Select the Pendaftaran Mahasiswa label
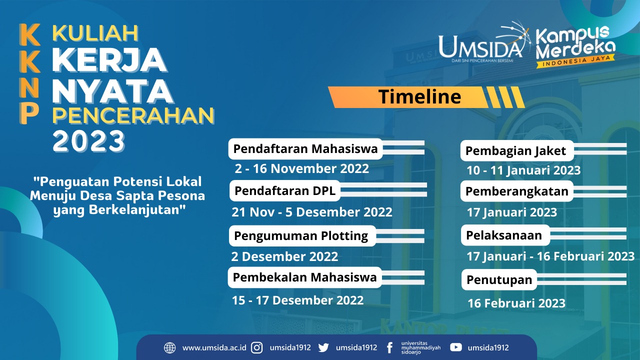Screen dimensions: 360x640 (x=305, y=149)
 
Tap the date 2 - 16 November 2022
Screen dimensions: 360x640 (x=302, y=168)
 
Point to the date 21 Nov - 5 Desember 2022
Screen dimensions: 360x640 (x=312, y=212)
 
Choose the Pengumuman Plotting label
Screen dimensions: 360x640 (x=301, y=235)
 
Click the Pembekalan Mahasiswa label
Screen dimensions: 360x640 (x=305, y=277)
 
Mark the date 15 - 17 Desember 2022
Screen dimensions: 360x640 (x=297, y=300)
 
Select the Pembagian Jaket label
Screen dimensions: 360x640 (x=515, y=150)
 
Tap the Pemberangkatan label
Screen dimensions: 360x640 (x=516, y=191)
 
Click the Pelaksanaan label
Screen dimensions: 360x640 (x=504, y=235)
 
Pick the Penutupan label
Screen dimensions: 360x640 (x=499, y=280)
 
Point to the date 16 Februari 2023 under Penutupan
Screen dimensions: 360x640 (x=516, y=303)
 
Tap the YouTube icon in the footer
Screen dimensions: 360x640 (x=455, y=347)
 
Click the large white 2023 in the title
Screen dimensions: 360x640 (x=89, y=141)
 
